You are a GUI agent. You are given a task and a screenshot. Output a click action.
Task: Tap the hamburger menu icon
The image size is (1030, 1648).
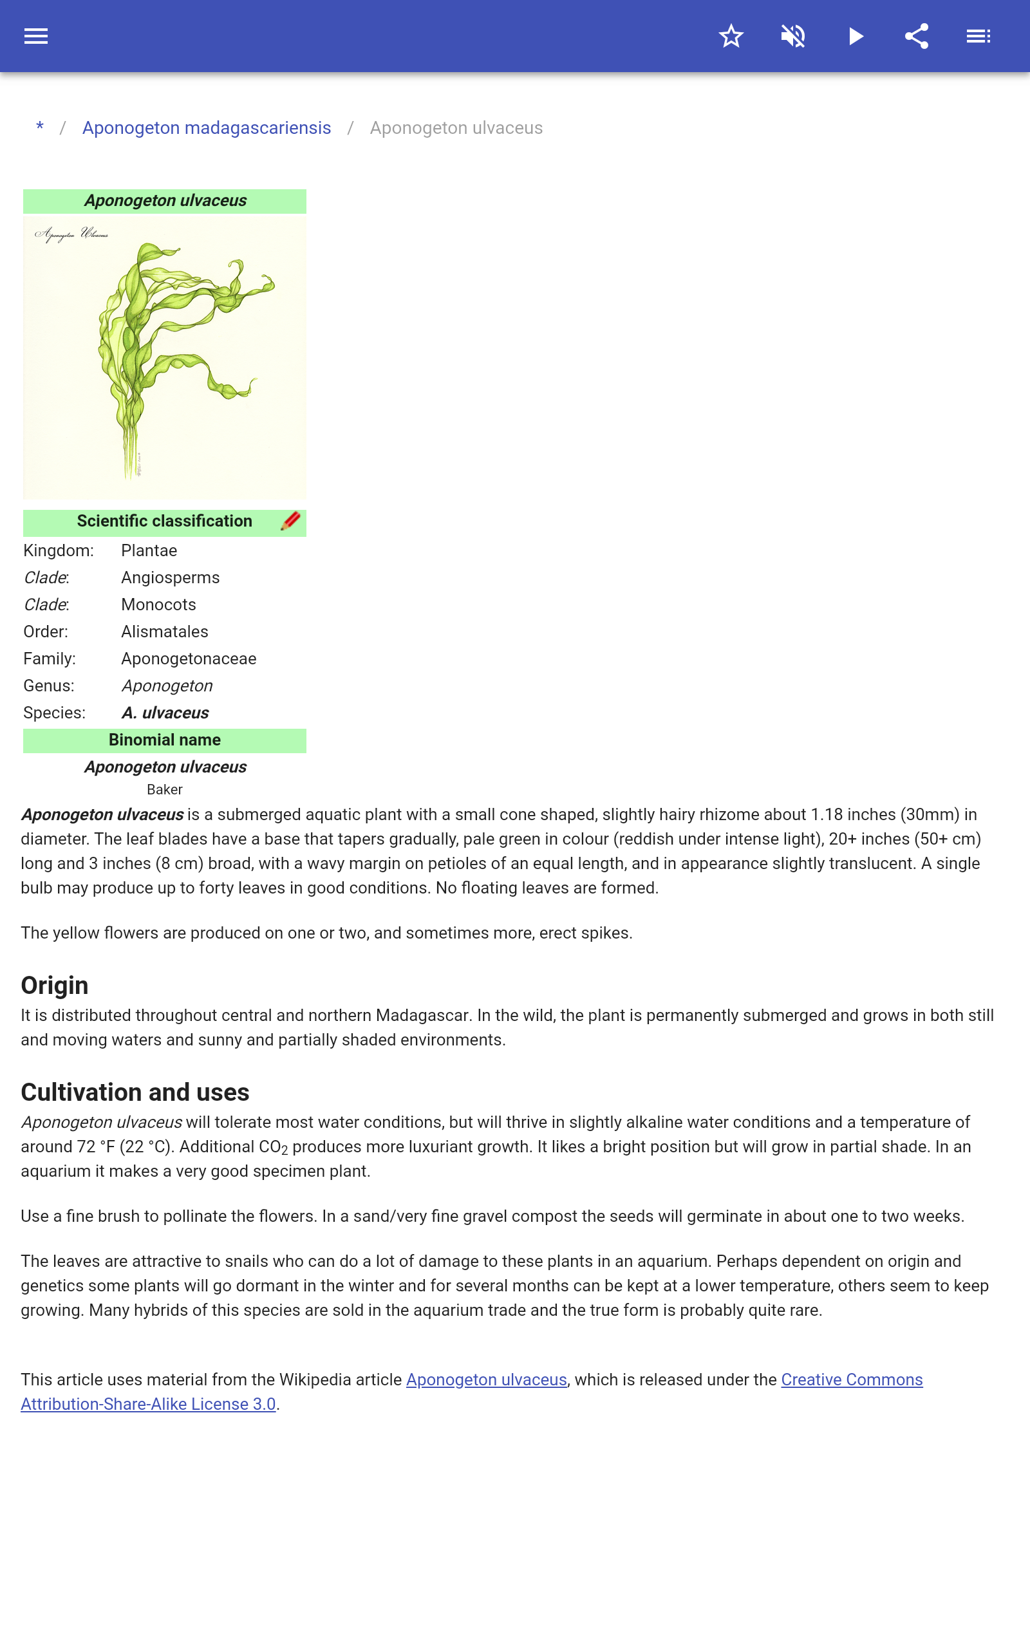pos(36,36)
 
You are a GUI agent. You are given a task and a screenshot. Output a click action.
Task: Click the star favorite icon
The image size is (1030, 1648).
pos(731,36)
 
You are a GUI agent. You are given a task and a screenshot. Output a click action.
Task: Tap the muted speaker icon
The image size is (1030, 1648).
pos(793,36)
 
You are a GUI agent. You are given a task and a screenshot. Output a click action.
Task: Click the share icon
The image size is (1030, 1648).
pos(917,36)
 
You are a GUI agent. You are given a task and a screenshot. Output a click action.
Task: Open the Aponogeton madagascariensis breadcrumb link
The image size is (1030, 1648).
pos(207,128)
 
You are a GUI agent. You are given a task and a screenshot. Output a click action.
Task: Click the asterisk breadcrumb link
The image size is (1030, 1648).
pos(40,127)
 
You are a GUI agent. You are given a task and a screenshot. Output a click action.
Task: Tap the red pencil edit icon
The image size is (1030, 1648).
pos(291,521)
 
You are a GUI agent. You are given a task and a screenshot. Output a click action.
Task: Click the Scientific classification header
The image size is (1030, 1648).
pos(164,521)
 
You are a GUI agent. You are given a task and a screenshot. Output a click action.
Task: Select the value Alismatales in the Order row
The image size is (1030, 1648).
pos(164,632)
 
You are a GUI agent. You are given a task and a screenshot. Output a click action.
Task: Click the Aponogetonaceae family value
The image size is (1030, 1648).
pos(189,659)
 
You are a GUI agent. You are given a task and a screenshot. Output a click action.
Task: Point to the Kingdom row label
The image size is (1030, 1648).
pos(59,550)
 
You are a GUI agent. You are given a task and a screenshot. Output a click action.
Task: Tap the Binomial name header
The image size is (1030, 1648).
pos(164,740)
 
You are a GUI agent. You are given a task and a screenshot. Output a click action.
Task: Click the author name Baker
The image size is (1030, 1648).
pos(164,789)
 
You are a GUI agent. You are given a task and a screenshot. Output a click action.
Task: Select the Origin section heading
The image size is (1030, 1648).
pos(55,986)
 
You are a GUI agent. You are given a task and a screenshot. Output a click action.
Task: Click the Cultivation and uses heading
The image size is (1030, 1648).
pos(135,1092)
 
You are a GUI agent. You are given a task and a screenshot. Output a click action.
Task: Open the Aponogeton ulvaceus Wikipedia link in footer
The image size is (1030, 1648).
pos(487,1380)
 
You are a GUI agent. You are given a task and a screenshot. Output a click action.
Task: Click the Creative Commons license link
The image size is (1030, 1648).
pos(852,1380)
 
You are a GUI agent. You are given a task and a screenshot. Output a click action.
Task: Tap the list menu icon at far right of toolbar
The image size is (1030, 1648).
pos(979,36)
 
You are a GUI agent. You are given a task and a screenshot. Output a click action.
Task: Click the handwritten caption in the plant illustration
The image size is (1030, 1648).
pos(71,234)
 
